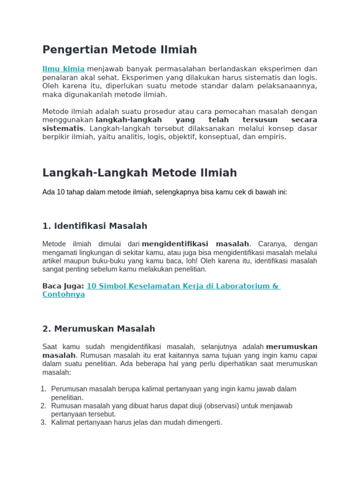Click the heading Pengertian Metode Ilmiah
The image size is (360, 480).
tap(120, 50)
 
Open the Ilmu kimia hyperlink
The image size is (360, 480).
tap(63, 69)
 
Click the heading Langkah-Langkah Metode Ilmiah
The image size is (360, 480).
tap(139, 173)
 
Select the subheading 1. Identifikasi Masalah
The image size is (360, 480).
tap(95, 226)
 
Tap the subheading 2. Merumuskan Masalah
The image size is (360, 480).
tap(98, 329)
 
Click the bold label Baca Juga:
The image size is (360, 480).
tap(63, 286)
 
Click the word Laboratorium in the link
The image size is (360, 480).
tap(242, 286)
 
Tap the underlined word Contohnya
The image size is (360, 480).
tap(63, 294)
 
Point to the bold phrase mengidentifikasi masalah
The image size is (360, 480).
tap(195, 244)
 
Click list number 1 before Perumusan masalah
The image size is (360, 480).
tap(43, 389)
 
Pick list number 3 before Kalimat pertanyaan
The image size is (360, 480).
tap(43, 422)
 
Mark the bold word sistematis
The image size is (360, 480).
tap(63, 128)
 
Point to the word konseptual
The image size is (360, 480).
tap(219, 137)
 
